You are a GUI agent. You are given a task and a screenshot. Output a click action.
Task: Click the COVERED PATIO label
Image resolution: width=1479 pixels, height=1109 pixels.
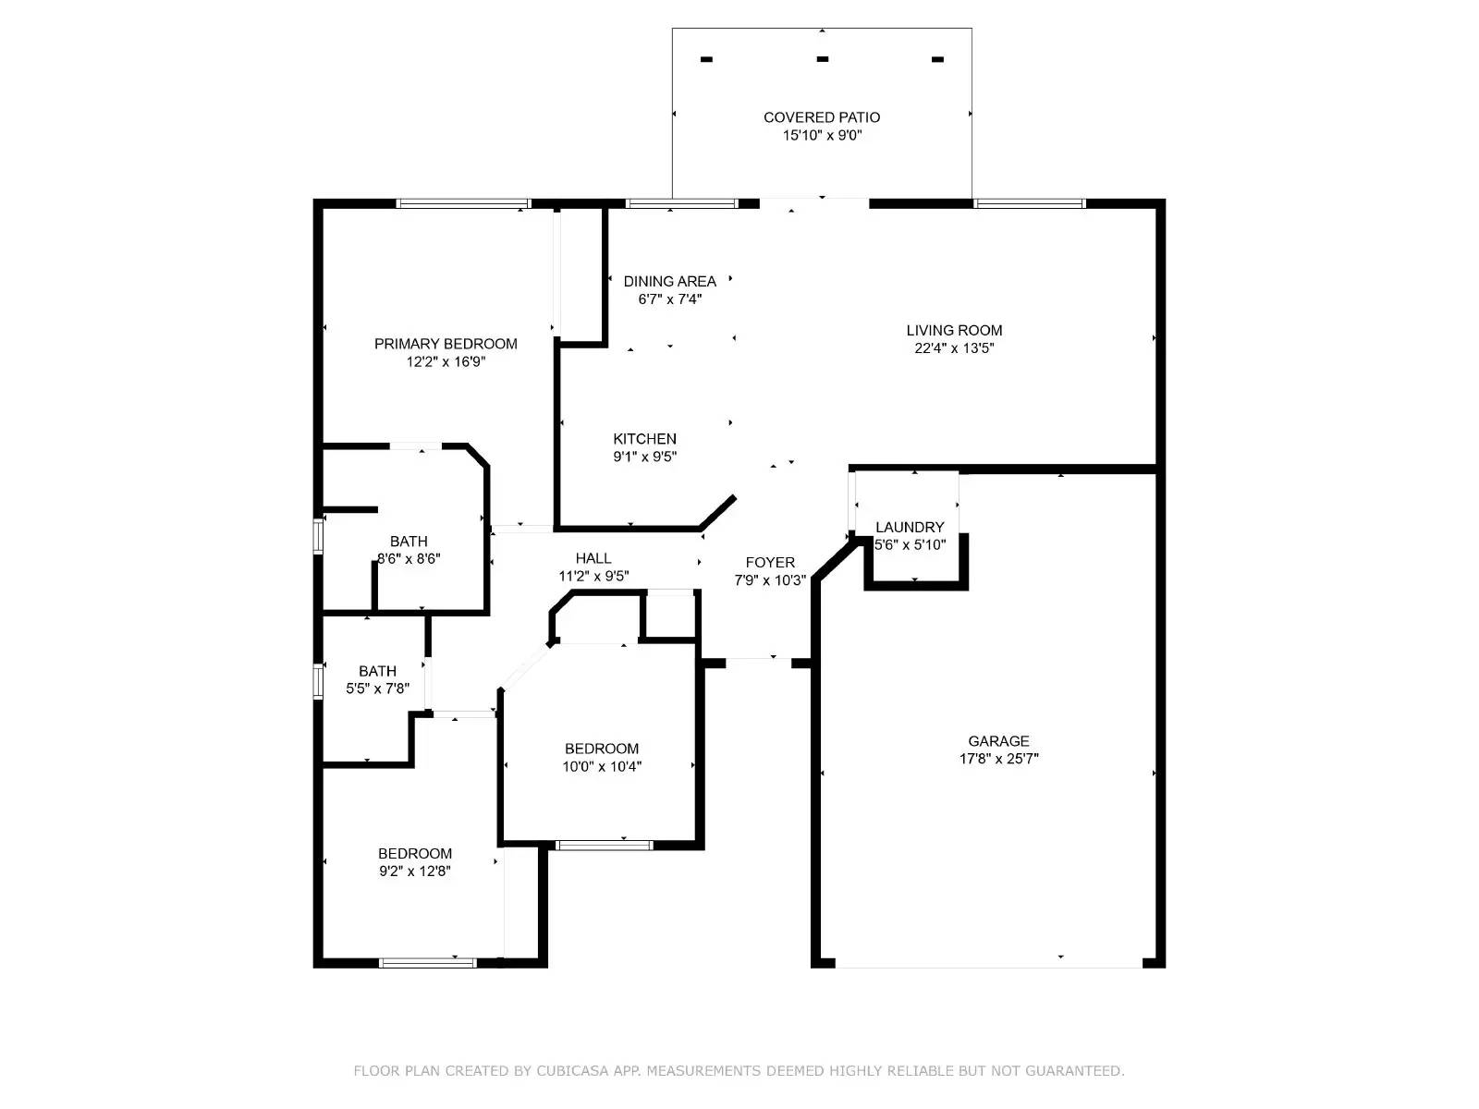pyautogui.click(x=822, y=117)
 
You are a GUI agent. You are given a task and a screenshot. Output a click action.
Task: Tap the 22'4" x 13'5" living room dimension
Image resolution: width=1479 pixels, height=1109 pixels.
pyautogui.click(x=953, y=348)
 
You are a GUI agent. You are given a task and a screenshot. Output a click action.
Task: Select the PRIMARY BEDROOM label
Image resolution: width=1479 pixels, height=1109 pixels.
pyautogui.click(x=446, y=344)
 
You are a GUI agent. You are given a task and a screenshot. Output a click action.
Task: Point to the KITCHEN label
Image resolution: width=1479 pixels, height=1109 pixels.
pyautogui.click(x=644, y=438)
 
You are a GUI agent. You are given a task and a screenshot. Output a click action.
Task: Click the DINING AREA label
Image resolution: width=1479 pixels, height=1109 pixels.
pyautogui.click(x=669, y=281)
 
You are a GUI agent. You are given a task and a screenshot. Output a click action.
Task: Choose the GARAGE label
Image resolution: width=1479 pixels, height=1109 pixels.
pyautogui.click(x=998, y=740)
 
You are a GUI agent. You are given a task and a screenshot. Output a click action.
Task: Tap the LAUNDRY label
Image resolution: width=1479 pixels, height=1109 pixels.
pyautogui.click(x=910, y=527)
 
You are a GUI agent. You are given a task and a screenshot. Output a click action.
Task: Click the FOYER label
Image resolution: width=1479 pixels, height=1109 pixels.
pyautogui.click(x=769, y=562)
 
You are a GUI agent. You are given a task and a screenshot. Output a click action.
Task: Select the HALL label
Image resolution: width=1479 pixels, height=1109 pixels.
pyautogui.click(x=593, y=557)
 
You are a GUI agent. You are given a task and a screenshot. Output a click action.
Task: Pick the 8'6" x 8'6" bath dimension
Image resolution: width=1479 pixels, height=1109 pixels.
pyautogui.click(x=409, y=558)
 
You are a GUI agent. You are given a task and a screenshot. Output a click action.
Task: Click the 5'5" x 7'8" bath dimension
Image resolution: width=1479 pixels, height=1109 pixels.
pyautogui.click(x=377, y=689)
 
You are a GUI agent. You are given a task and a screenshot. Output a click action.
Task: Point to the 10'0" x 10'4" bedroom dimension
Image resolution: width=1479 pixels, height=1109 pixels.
pyautogui.click(x=602, y=765)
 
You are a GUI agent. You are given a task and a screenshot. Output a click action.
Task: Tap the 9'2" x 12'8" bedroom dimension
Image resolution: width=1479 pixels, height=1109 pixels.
pyautogui.click(x=414, y=871)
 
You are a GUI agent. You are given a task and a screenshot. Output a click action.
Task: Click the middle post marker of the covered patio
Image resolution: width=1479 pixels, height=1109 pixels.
pyautogui.click(x=822, y=59)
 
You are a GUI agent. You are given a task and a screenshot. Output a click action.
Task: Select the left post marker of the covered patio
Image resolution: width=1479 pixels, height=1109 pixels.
pyautogui.click(x=706, y=59)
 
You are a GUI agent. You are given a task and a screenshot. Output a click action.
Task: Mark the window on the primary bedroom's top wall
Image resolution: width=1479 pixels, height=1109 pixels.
pyautogui.click(x=463, y=203)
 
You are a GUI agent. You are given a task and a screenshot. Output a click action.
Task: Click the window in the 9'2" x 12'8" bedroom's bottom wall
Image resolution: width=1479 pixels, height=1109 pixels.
pyautogui.click(x=427, y=963)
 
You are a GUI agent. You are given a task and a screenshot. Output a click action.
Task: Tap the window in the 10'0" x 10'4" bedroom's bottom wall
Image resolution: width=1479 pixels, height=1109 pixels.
pyautogui.click(x=604, y=845)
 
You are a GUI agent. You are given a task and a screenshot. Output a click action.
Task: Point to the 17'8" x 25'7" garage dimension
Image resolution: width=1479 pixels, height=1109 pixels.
pyautogui.click(x=998, y=758)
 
